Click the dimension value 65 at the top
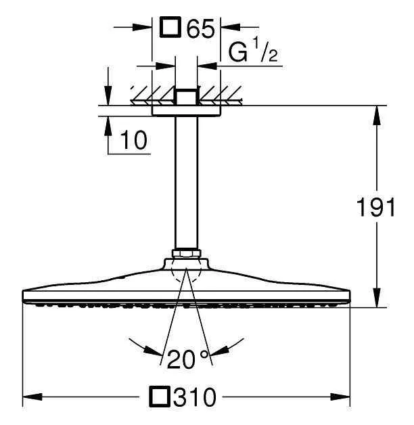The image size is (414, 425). click(x=201, y=28)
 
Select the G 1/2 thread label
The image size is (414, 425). click(x=253, y=50)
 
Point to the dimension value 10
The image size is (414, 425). click(x=133, y=140)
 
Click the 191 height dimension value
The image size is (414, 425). click(x=376, y=206)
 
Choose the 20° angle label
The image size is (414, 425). click(x=188, y=359)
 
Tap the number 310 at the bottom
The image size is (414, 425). click(x=195, y=397)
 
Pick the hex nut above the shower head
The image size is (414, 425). click(x=187, y=253)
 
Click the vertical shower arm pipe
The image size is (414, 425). click(x=187, y=183)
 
